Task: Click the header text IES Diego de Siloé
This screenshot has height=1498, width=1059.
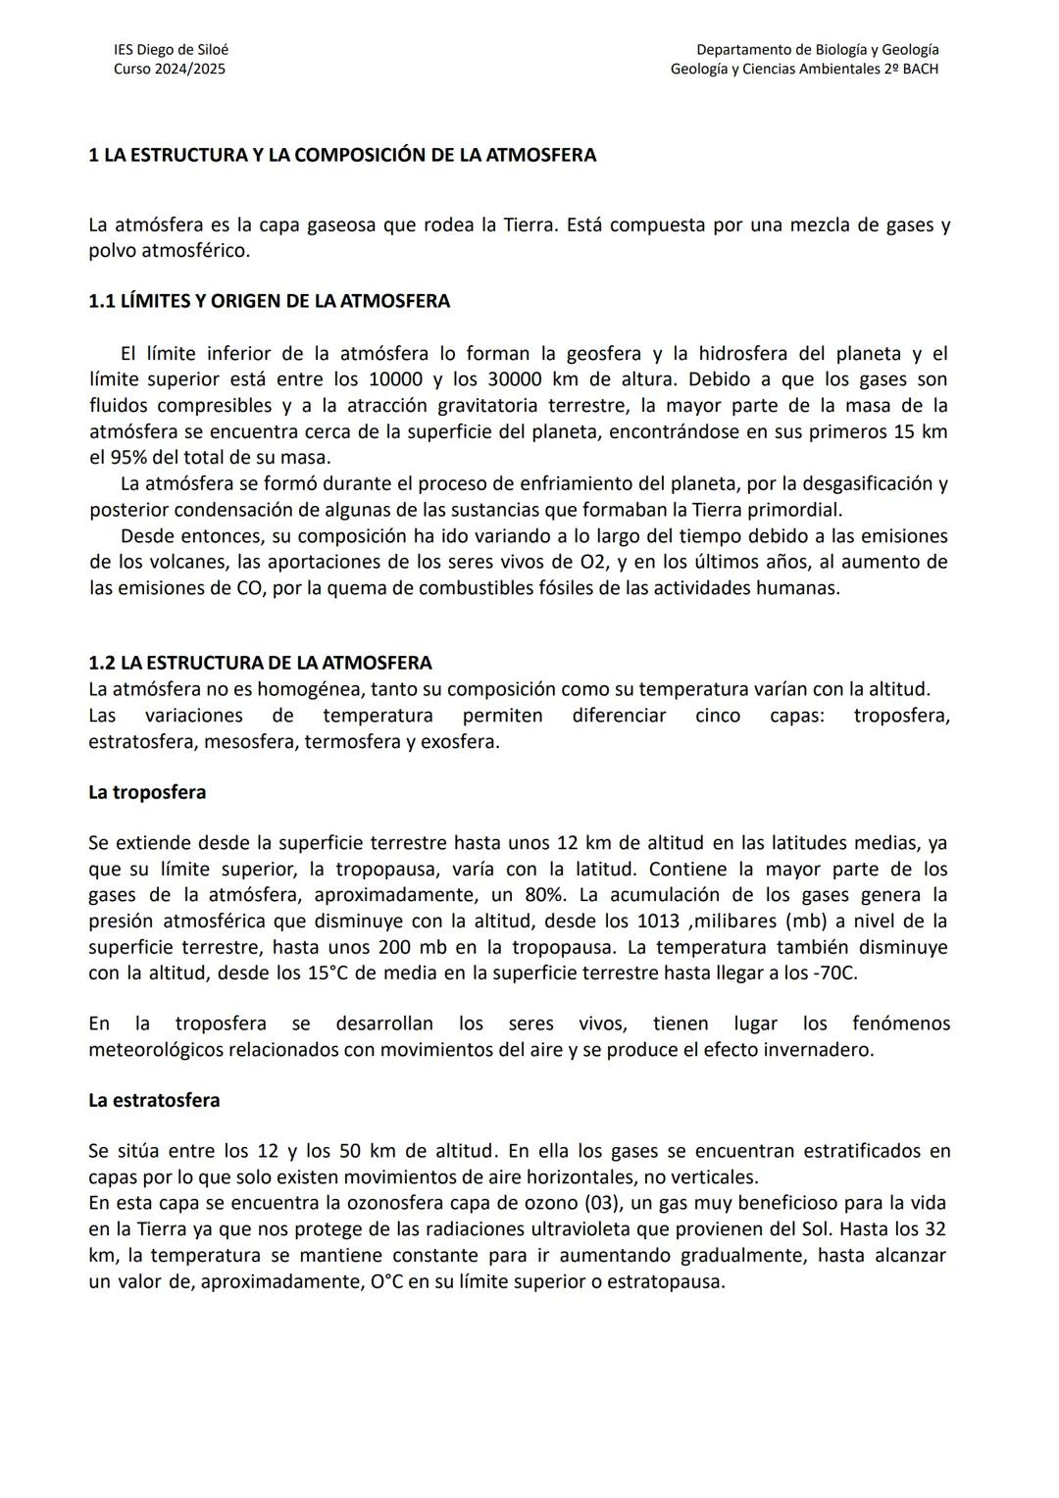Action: [171, 49]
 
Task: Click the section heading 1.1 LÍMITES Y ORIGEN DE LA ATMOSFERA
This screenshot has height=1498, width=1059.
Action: [269, 301]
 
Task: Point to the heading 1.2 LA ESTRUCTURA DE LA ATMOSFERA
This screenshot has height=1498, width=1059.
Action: [260, 663]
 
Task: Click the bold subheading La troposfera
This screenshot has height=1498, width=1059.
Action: [147, 792]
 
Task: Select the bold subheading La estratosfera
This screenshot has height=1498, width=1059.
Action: [154, 1100]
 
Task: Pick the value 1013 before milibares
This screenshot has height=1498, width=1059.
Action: [658, 922]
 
